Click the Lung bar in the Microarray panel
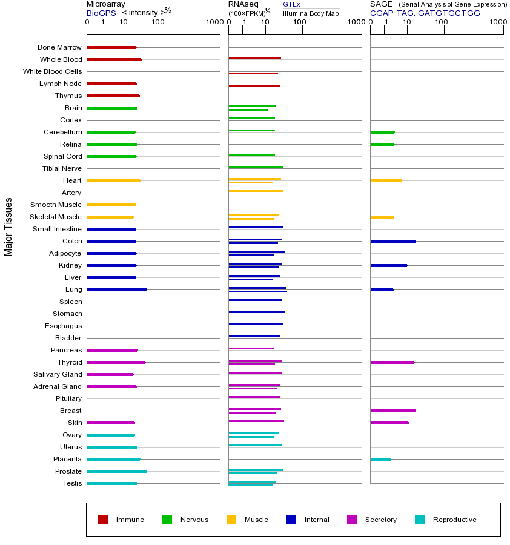point(117,289)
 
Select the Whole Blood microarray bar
point(114,59)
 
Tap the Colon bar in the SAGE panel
point(392,241)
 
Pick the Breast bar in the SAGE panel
point(392,411)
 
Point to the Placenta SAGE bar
point(380,459)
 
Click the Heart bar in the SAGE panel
point(386,180)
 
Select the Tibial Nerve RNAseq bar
point(256,167)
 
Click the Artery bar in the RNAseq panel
point(256,191)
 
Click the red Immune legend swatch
point(103,520)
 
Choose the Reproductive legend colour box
point(420,520)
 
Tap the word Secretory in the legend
point(381,520)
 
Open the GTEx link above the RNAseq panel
point(291,4)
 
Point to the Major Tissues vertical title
point(8,226)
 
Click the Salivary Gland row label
point(58,374)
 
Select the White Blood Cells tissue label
point(52,71)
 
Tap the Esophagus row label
point(63,326)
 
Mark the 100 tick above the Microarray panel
point(158,22)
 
